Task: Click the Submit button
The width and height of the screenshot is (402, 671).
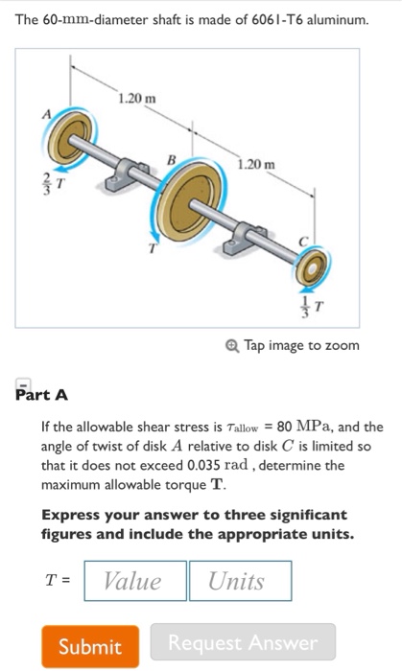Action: coord(89,646)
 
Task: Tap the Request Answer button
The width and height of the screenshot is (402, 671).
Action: coord(243,642)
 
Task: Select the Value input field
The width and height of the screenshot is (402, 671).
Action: coord(132,581)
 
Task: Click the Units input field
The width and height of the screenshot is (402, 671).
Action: coord(237,581)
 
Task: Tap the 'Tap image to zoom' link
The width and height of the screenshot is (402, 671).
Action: coord(300,345)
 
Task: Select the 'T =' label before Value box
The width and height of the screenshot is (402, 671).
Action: coord(58,581)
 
